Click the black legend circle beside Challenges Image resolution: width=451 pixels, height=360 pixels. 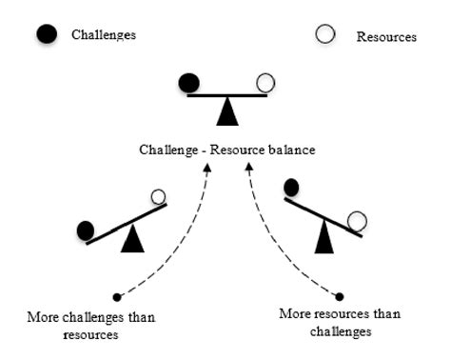pyautogui.click(x=44, y=35)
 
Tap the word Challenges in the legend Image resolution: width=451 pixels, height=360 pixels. pyautogui.click(x=104, y=34)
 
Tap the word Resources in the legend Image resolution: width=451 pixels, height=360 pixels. pyautogui.click(x=386, y=37)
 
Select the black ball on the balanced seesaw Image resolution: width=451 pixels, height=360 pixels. pyautogui.click(x=189, y=84)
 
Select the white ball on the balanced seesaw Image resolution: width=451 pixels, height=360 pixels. pyautogui.click(x=265, y=85)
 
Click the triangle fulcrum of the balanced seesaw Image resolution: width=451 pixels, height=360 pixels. pyautogui.click(x=226, y=111)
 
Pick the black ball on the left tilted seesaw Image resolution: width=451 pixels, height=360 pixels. pyautogui.click(x=87, y=230)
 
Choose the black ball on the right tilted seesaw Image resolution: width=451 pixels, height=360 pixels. pyautogui.click(x=292, y=187)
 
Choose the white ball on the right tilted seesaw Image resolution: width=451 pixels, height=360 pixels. pyautogui.click(x=357, y=222)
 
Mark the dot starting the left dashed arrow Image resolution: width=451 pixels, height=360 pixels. pyautogui.click(x=116, y=296)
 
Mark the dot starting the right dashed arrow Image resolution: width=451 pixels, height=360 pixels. pyautogui.click(x=340, y=296)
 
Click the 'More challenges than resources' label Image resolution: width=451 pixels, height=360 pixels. pyautogui.click(x=92, y=323)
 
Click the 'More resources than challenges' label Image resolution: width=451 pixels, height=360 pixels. pyautogui.click(x=325, y=322)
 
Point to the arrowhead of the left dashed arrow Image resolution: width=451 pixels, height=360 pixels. pyautogui.click(x=206, y=168)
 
